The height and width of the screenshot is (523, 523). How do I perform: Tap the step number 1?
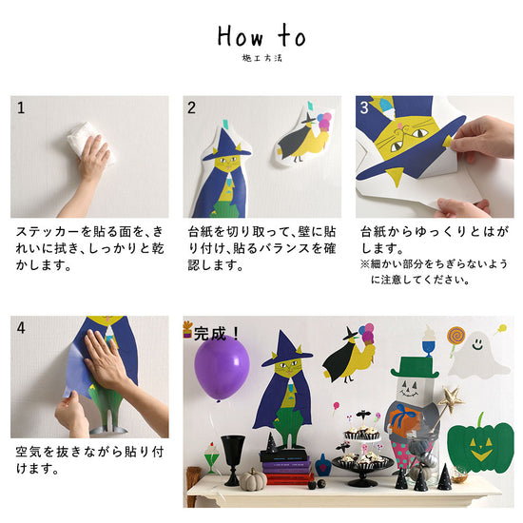click(x=21, y=107)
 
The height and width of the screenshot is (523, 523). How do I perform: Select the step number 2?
click(x=191, y=107)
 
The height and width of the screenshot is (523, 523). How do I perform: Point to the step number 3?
click(x=364, y=107)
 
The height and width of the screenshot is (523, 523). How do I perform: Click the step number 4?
click(x=21, y=327)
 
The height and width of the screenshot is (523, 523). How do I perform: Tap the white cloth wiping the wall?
click(x=90, y=143)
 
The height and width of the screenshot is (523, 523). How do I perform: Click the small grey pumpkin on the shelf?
click(x=254, y=479)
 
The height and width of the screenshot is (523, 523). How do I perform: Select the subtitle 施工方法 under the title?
click(x=261, y=58)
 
